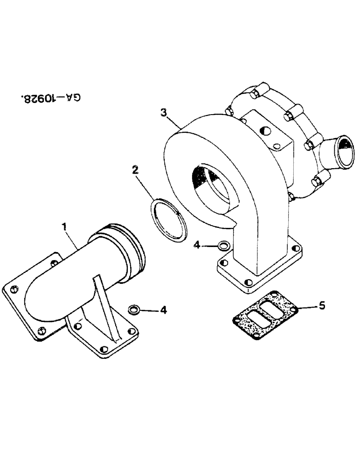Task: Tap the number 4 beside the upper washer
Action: (x=198, y=243)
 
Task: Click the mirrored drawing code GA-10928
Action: (x=51, y=98)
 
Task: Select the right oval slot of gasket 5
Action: (x=273, y=307)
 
